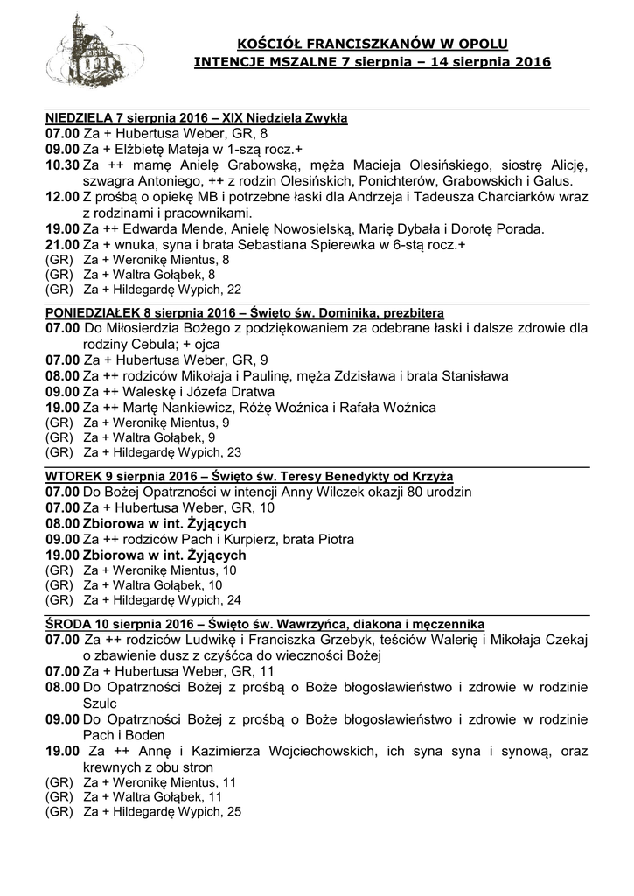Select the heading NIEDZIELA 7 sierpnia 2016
(123, 116)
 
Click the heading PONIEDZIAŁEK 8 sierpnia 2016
(130, 311)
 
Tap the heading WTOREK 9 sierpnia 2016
(115, 475)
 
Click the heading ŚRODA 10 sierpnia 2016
(114, 623)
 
